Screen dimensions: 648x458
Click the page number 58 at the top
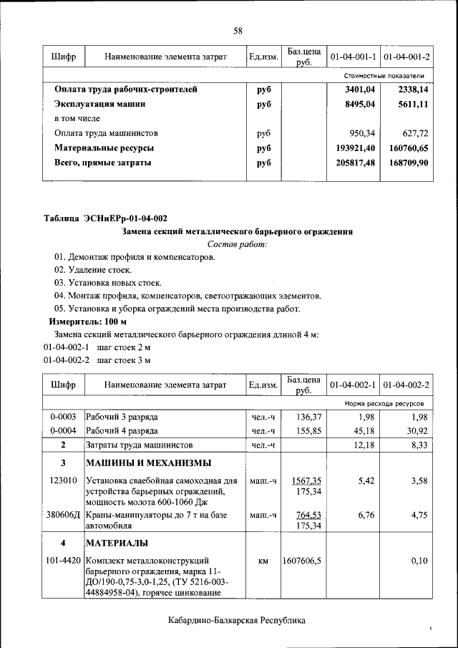[238, 30]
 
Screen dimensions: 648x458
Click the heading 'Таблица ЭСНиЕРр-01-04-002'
[106, 218]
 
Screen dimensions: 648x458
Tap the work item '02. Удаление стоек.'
[93, 270]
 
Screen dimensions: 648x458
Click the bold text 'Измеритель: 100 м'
[83, 321]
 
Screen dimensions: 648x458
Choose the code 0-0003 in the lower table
[63, 416]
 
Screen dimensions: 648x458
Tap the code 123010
[63, 481]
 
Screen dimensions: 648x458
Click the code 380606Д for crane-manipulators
[63, 516]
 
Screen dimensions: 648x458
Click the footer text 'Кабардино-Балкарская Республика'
[237, 620]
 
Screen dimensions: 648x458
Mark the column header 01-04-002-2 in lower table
[406, 385]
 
